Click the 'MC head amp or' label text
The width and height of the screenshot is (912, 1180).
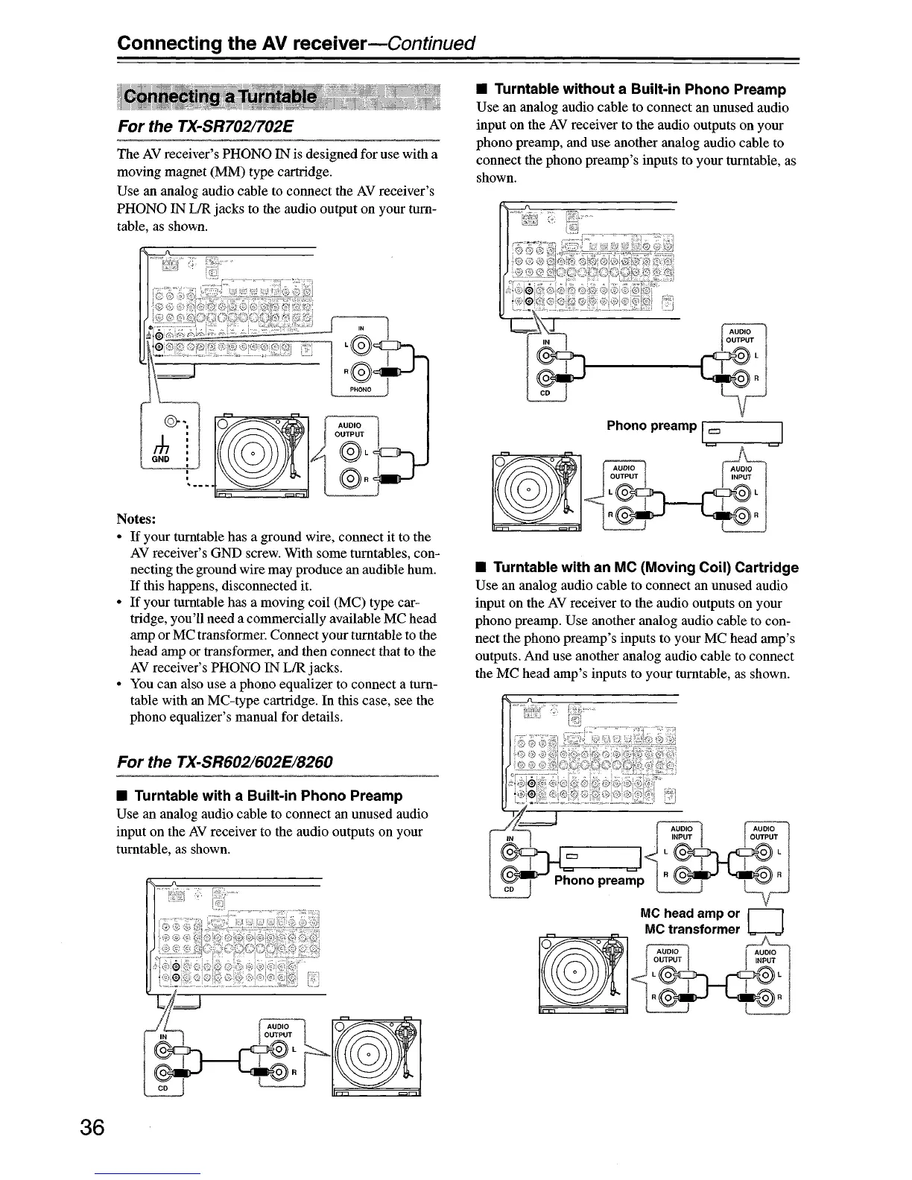(690, 913)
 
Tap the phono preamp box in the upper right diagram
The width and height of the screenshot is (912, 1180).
(743, 433)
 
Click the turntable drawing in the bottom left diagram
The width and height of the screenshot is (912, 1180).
(377, 1056)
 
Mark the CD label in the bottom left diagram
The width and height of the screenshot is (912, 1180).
(163, 1088)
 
